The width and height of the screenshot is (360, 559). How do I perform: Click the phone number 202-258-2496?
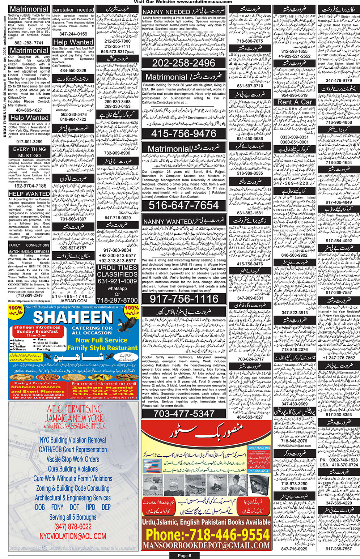(184, 63)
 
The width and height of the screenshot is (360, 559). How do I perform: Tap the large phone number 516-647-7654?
(184, 205)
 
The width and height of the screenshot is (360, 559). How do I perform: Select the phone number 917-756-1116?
(184, 299)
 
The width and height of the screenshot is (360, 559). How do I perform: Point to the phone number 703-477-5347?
(184, 413)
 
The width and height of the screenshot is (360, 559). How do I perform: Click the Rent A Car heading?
(295, 102)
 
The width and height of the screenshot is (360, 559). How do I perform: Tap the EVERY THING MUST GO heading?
(29, 152)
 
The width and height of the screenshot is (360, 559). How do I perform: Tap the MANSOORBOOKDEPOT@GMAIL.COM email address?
(207, 546)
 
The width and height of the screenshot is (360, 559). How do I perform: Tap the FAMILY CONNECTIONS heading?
(29, 245)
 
